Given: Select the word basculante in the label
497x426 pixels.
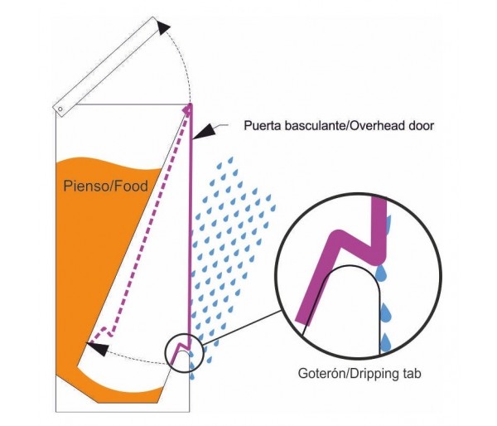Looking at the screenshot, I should (320, 127).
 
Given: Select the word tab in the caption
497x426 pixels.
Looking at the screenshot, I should (414, 372).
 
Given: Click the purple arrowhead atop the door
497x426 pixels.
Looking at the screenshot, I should (190, 107).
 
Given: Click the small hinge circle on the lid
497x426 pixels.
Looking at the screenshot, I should (60, 108).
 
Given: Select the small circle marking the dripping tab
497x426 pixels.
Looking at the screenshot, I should (184, 351).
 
